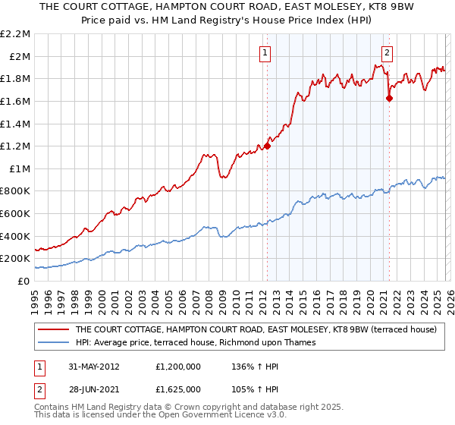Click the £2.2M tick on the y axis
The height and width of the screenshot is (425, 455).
(x=15, y=34)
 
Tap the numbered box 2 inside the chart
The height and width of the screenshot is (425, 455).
(x=387, y=52)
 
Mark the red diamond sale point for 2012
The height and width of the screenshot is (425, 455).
(x=267, y=146)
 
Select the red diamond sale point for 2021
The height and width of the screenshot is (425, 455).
(x=390, y=98)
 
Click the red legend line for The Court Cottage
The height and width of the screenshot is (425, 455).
(x=52, y=330)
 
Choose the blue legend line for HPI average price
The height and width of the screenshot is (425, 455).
(x=52, y=343)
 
